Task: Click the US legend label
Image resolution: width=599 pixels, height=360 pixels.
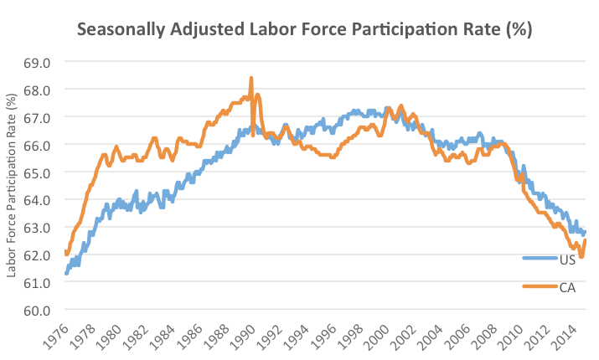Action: coord(566,259)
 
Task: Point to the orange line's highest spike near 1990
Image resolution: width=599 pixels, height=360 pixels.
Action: coord(251,79)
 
